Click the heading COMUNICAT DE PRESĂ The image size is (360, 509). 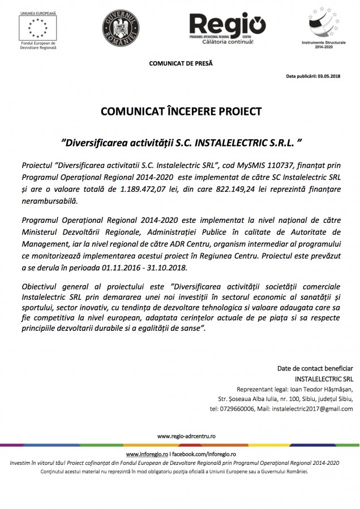pyautogui.click(x=181, y=63)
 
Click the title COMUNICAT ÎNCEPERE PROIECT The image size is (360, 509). pyautogui.click(x=181, y=111)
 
